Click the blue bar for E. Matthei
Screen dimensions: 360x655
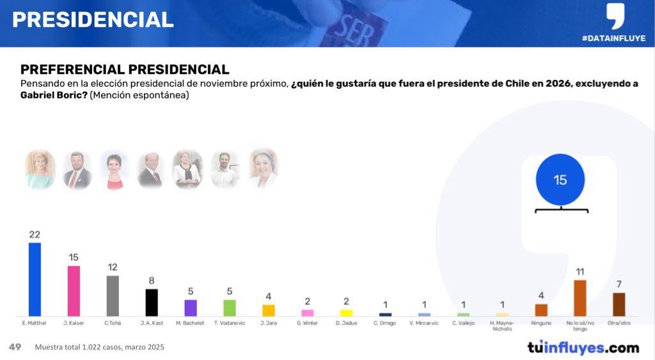(x=35, y=279)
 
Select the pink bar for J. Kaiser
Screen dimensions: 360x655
(x=74, y=291)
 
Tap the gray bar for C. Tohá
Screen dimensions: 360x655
(x=113, y=296)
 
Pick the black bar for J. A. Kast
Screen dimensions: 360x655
(x=152, y=302)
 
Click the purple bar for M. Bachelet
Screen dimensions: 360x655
(x=191, y=308)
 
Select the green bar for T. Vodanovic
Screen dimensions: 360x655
(x=230, y=308)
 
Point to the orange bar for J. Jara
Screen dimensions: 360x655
(x=269, y=310)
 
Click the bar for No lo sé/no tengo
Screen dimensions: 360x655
(x=580, y=298)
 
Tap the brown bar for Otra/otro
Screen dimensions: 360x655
(x=619, y=304)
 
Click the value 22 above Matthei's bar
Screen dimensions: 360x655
(x=35, y=235)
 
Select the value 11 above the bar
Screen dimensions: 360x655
(x=580, y=272)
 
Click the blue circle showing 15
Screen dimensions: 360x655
(x=560, y=180)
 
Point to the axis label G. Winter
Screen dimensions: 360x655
(x=308, y=324)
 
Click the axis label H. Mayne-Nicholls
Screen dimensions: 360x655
(x=502, y=326)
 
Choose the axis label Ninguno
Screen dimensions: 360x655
(x=541, y=324)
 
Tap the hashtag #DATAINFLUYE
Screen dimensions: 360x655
(x=613, y=38)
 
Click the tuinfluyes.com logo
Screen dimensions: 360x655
(x=583, y=348)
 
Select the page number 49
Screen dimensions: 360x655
(x=15, y=347)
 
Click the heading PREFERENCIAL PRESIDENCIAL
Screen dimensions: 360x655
(x=125, y=70)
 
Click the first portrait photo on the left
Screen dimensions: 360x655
(x=40, y=169)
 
